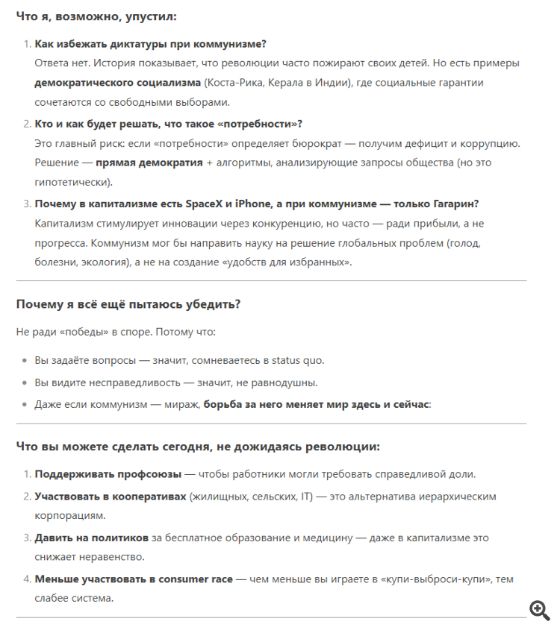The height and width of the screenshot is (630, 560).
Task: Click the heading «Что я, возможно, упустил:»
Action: point(98,16)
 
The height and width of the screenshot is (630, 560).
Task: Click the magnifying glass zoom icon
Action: point(539,609)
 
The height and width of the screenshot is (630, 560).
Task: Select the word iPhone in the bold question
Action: point(252,204)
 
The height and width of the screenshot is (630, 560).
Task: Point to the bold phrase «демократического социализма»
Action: point(117,83)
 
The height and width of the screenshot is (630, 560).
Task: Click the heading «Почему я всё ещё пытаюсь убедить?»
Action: point(128,304)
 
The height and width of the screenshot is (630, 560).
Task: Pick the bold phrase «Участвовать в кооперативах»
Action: point(111,497)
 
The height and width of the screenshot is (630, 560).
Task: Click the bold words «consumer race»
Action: point(196,579)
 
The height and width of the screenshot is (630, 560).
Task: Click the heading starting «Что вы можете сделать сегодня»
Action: point(198,447)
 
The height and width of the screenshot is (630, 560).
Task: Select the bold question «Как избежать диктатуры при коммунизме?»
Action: point(150,44)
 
